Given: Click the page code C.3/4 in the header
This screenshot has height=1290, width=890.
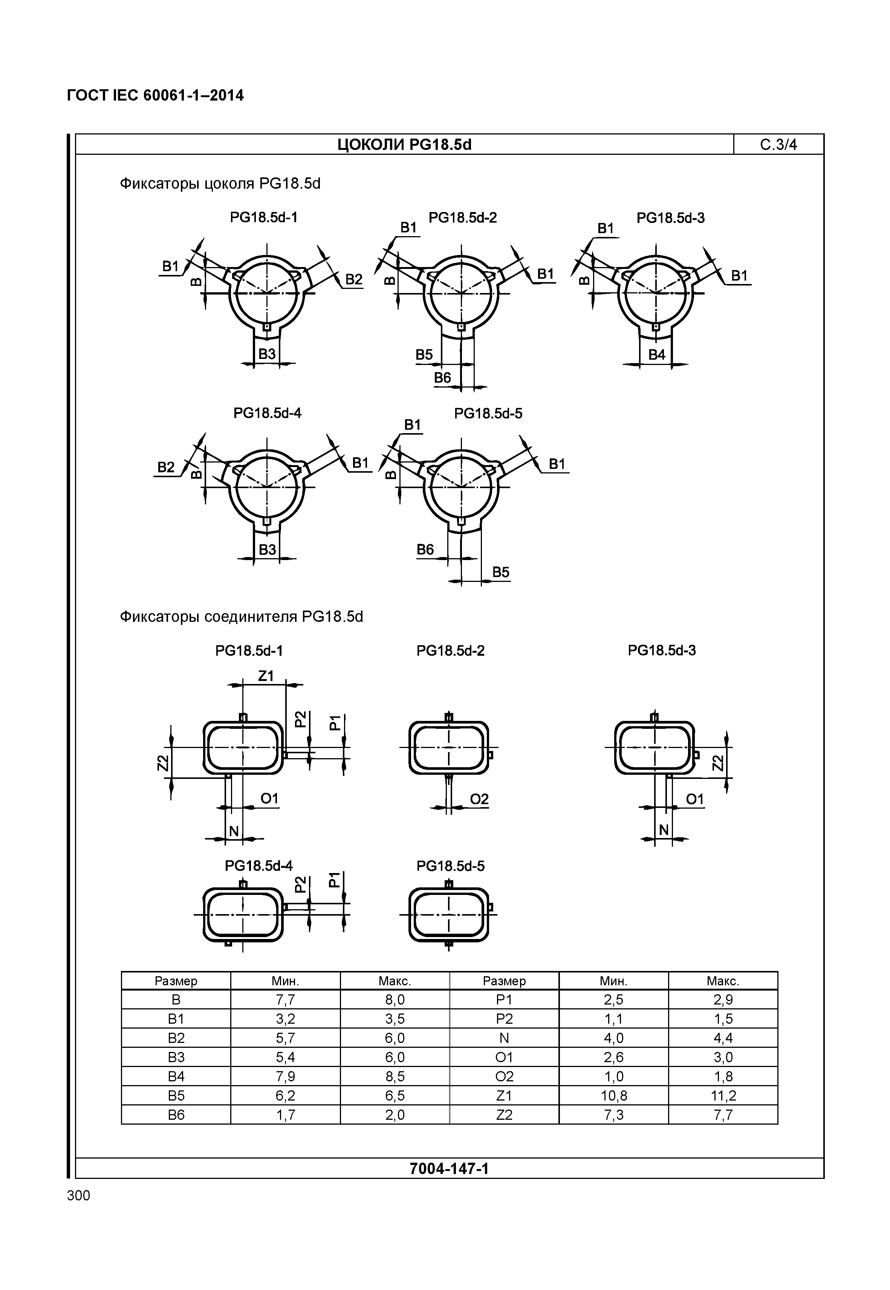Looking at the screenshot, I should [778, 145].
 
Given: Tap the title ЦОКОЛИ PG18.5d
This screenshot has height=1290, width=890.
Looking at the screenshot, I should [404, 145].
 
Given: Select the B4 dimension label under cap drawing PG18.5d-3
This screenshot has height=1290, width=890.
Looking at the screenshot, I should [656, 354].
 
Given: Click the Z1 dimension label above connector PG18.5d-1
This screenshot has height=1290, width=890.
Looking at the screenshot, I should [266, 676].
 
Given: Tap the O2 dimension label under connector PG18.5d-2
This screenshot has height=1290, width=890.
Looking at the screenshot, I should [479, 799].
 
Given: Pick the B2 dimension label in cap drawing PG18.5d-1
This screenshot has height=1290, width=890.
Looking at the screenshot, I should [353, 279].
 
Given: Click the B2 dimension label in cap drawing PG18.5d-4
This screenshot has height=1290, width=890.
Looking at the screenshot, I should [166, 467].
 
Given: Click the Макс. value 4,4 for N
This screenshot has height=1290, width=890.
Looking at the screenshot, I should [723, 1038].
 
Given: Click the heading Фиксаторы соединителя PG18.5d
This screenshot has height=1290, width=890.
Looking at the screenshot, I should [242, 617].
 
